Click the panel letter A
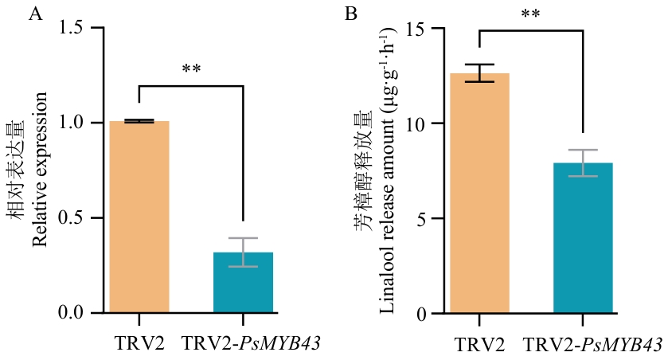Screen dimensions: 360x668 34,14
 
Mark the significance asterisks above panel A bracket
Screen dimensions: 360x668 191,70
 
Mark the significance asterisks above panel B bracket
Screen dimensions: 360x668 531,15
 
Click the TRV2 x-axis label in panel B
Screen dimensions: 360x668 479,344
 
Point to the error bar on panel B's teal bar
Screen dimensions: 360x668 583,162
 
